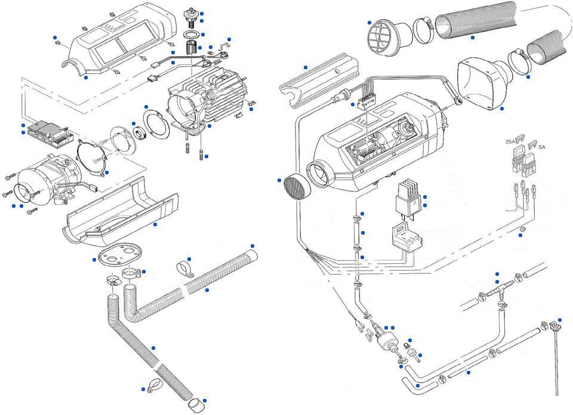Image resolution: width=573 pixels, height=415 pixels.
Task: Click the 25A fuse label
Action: click(x=511, y=142)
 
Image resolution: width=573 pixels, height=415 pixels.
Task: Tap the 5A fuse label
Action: click(x=541, y=146)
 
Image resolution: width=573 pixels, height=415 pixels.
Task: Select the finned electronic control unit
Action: click(x=47, y=133)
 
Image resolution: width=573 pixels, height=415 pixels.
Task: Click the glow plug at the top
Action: click(x=192, y=17)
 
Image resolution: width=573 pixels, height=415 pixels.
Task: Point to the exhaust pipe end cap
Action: click(x=195, y=405)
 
